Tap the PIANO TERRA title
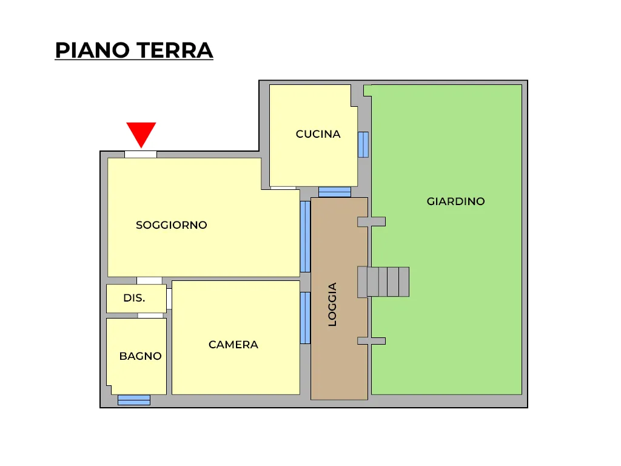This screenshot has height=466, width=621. pos(134,50)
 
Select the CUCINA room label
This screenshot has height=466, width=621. pos(318,134)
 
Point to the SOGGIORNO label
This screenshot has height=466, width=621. pos(172,225)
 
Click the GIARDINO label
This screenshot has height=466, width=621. pos(455,201)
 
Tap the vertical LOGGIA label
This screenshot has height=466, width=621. pos(332,305)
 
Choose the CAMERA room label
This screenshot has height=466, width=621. pos(233,345)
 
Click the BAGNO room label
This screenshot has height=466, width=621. pos(140,356)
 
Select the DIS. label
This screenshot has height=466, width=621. pos(134,298)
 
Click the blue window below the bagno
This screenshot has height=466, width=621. pos(134,400)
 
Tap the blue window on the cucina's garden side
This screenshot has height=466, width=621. pos(363,144)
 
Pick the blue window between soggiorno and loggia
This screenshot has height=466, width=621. pos(305,237)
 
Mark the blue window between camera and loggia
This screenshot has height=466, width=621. pos(305,318)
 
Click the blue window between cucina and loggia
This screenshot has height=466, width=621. pos(335,192)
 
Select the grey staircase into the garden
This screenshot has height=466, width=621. pos(383,282)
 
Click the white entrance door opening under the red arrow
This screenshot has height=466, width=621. pos(141,155)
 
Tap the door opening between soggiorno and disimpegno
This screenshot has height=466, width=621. pos(149,280)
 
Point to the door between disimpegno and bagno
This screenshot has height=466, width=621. pos(150,316)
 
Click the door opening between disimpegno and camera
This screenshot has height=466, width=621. pos(169,299)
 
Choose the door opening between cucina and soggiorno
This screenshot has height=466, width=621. pos(283,188)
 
